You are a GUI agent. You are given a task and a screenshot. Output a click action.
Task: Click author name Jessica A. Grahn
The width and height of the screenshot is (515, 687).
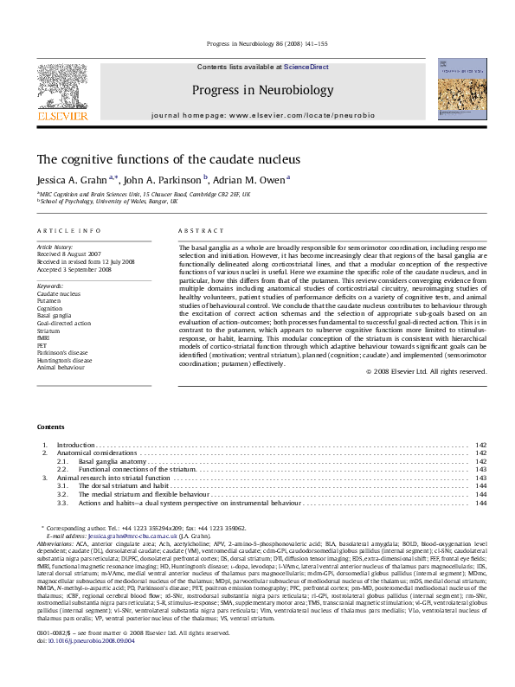pyautogui.click(x=72, y=180)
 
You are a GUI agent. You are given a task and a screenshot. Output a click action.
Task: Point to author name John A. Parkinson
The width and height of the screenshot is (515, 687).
pyautogui.click(x=163, y=180)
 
